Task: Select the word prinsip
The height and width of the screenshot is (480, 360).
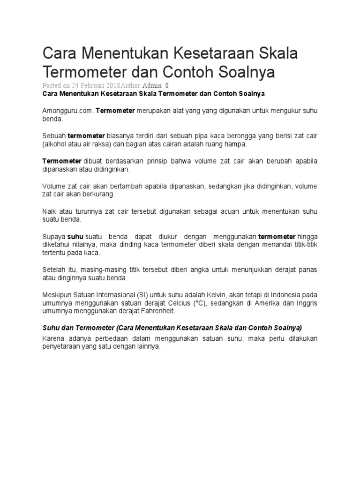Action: tap(171, 161)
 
